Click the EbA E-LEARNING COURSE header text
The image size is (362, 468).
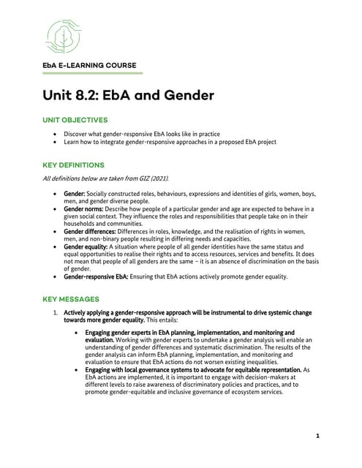pyautogui.click(x=90, y=66)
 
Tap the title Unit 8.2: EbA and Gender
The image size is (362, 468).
pyautogui.click(x=128, y=95)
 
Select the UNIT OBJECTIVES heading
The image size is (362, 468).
pyautogui.click(x=75, y=119)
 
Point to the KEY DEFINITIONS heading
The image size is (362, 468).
pyautogui.click(x=73, y=165)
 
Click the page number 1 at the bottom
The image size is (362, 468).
pyautogui.click(x=318, y=437)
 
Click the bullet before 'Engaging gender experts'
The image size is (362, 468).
pyautogui.click(x=79, y=333)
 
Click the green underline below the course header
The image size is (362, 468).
pyautogui.click(x=91, y=73)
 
